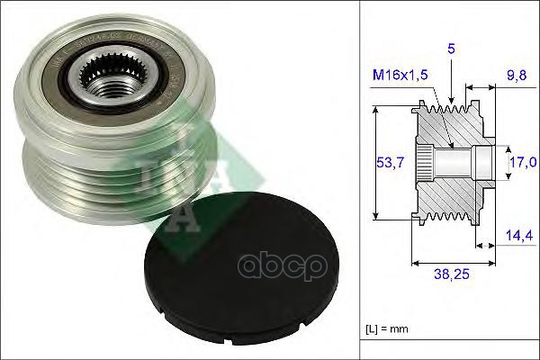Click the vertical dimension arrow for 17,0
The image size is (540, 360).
coord(502,162)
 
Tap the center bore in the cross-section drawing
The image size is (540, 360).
coord(454,162)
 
